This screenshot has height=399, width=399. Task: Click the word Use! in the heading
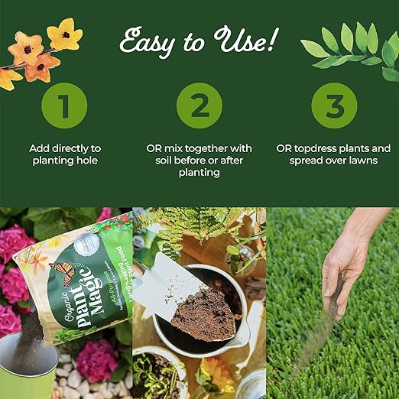pyautogui.click(x=251, y=38)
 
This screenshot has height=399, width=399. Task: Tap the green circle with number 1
pyautogui.click(x=64, y=105)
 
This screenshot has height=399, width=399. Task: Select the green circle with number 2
pyautogui.click(x=199, y=105)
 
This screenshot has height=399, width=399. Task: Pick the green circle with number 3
pyautogui.click(x=333, y=105)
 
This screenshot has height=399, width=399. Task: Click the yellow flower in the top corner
pyautogui.click(x=63, y=34)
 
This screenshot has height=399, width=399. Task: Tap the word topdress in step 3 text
pyautogui.click(x=318, y=148)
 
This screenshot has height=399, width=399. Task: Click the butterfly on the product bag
pyautogui.click(x=62, y=271)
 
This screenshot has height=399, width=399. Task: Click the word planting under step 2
pyautogui.click(x=199, y=173)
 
